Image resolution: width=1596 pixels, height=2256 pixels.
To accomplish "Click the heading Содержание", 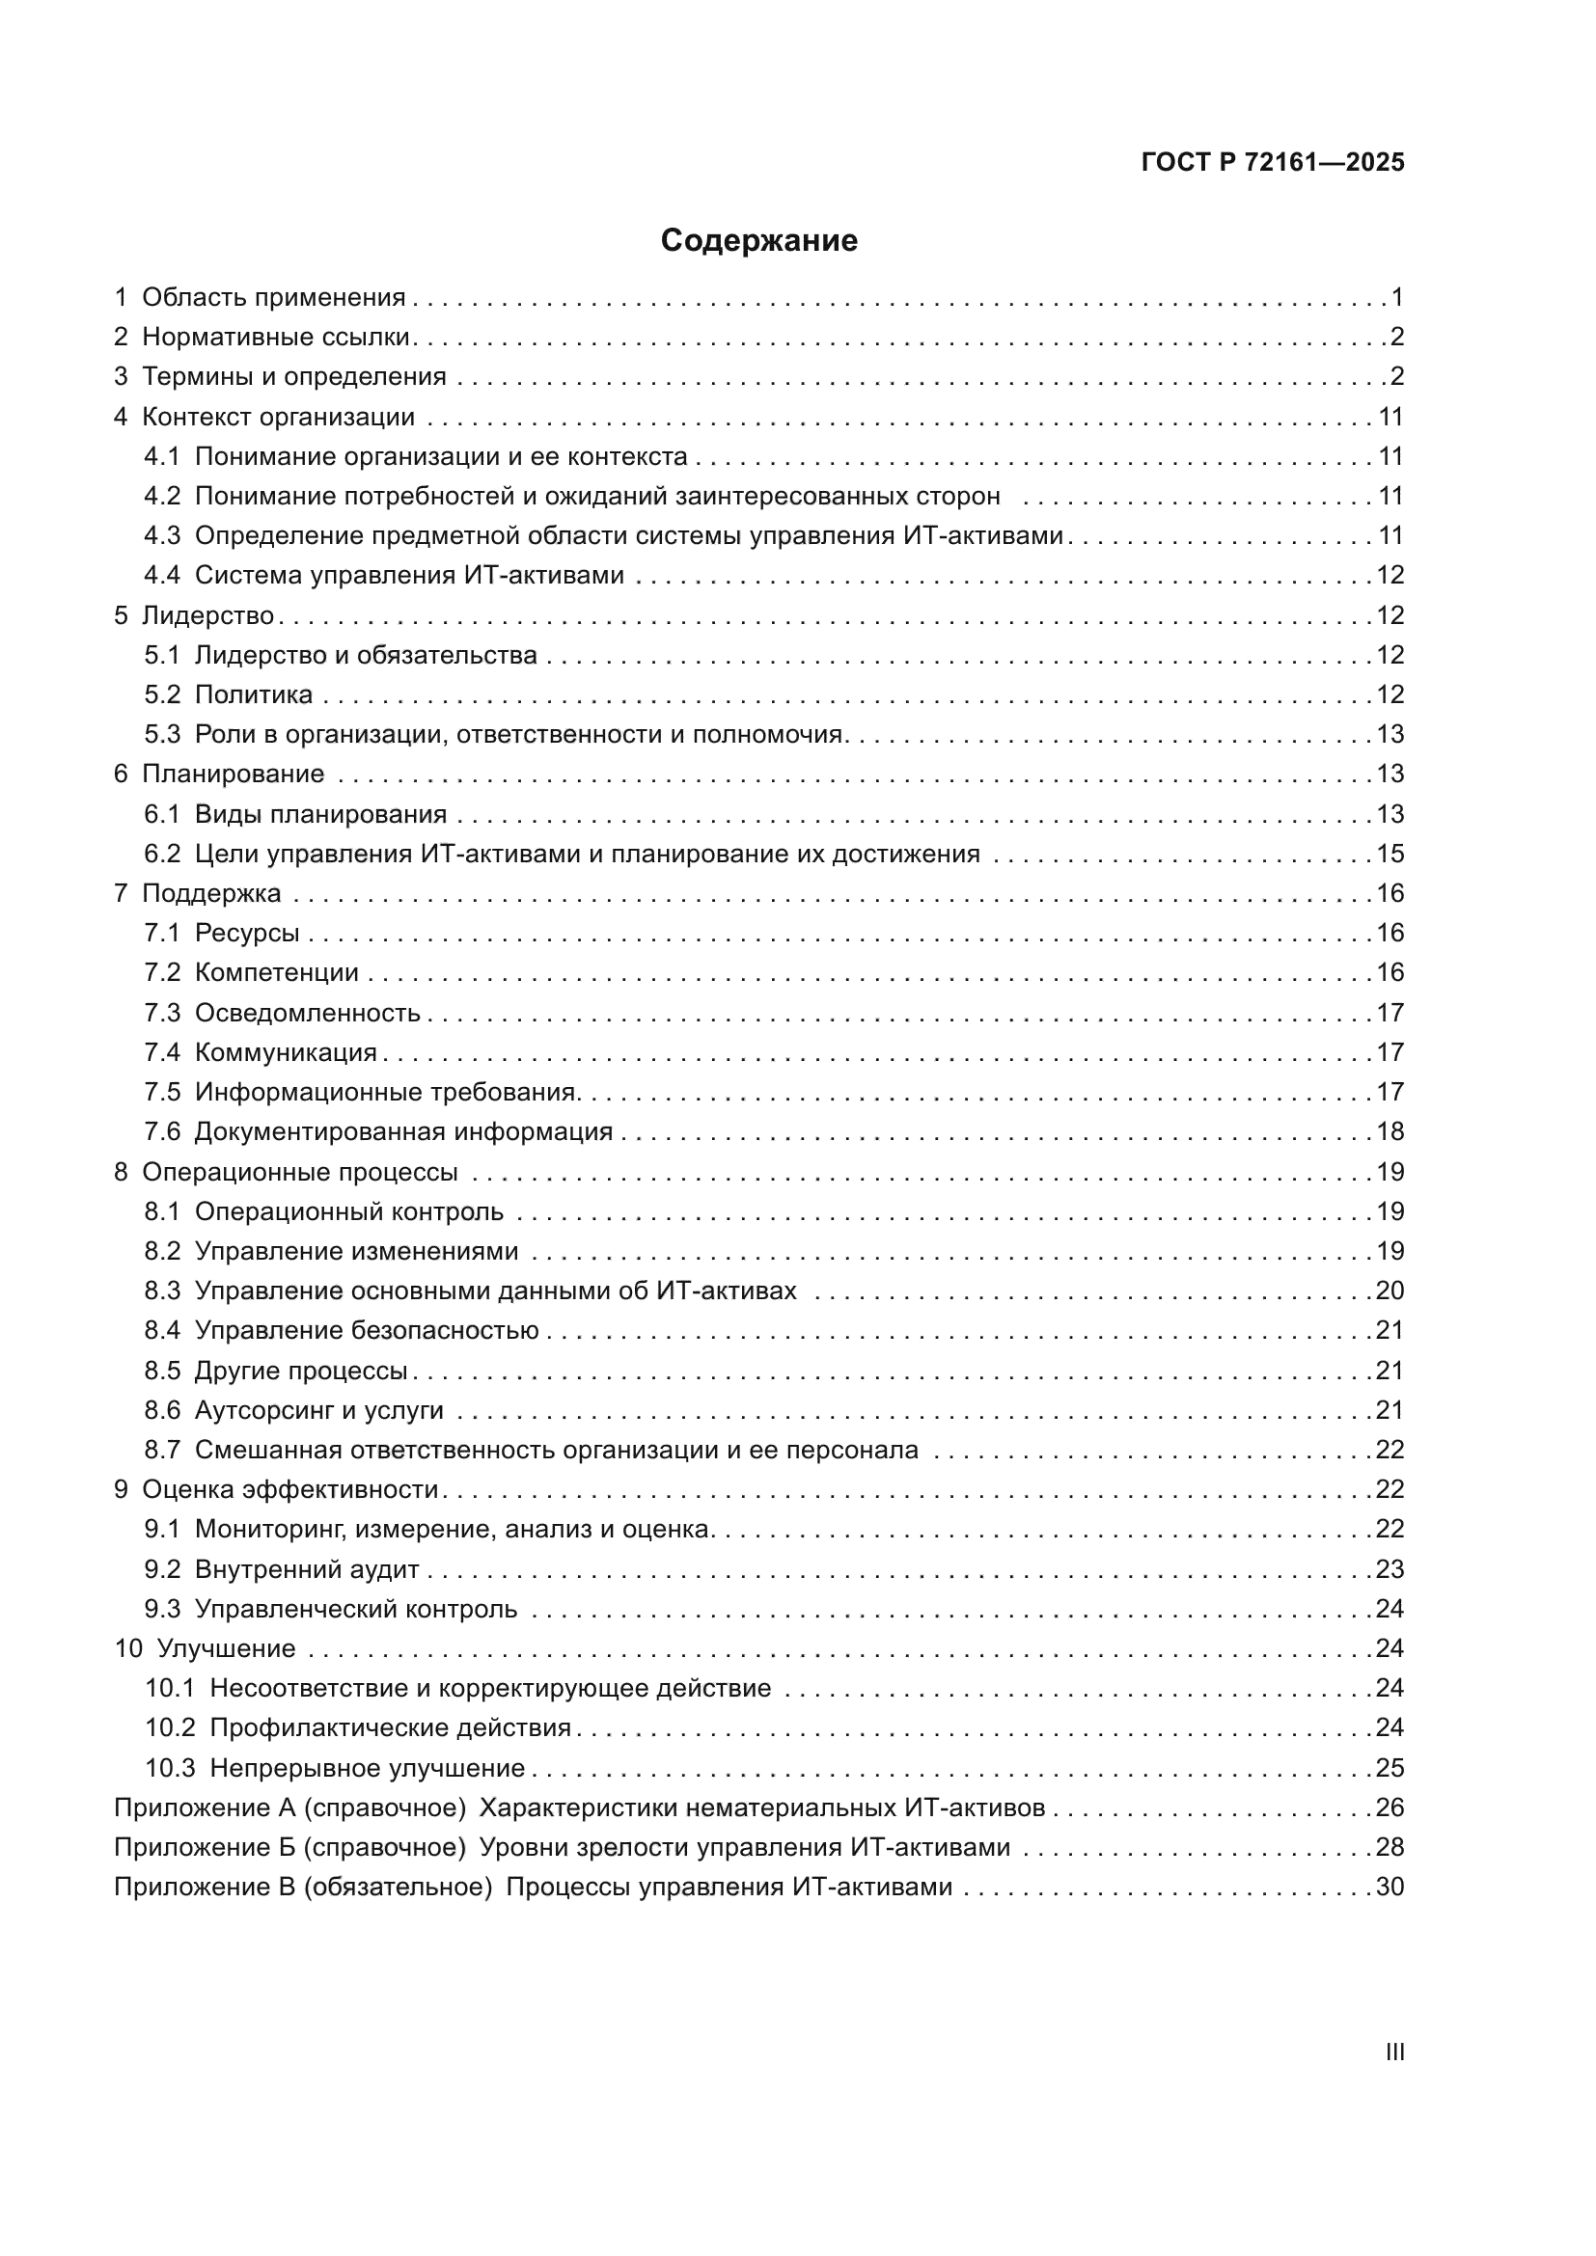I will pos(758,241).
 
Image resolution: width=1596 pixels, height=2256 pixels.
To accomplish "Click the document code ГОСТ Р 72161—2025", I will pos(1273,163).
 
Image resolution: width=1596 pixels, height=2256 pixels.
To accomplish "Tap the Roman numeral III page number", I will pos(1393,2052).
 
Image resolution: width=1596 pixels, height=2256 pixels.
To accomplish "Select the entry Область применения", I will pos(273,298).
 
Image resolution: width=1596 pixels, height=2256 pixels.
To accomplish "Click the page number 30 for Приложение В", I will pos(1390,1888).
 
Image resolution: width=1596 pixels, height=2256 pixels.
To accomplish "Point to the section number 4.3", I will pos(162,535).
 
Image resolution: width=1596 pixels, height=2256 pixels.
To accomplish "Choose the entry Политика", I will pos(254,694).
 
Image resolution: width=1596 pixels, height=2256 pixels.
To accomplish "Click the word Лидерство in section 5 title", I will pos(208,616).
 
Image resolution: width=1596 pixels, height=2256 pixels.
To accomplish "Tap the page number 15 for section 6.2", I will pos(1390,854).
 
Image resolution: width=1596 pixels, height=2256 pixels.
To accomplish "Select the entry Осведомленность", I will pos(308,1013).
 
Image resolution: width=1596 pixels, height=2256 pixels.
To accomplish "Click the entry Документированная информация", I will pos(403,1132).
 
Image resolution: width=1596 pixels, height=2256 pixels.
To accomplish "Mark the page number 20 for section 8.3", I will pos(1390,1291).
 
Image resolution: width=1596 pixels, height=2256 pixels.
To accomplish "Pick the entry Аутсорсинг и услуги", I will pos(319,1411).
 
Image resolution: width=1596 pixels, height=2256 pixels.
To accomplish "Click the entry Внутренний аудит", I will pos(307,1569).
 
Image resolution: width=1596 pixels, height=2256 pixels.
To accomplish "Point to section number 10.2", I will pos(170,1728).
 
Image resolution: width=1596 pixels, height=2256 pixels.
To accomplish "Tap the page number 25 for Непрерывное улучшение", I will pos(1390,1769).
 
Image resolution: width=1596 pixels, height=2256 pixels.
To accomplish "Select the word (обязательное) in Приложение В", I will pos(398,1888).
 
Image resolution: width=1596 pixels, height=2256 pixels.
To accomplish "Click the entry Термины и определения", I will pos(294,377).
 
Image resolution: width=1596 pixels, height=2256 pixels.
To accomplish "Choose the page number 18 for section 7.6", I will pos(1390,1132).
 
